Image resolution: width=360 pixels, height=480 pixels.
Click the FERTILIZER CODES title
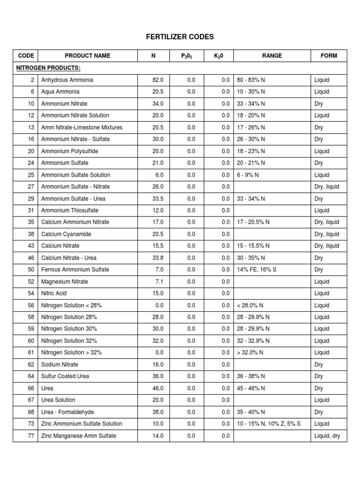coord(180,37)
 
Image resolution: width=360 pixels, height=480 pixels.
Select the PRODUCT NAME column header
coord(88,56)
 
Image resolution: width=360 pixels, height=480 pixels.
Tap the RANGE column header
coord(272,56)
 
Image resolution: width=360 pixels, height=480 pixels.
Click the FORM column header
coord(329,56)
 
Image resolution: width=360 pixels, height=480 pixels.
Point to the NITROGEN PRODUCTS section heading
coord(48,68)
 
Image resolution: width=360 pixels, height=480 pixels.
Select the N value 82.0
coord(158,80)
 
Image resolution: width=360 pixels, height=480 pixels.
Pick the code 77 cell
coord(31,436)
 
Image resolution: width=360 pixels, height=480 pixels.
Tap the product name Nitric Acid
coord(54,293)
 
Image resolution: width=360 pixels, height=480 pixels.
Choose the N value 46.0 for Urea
coord(158,388)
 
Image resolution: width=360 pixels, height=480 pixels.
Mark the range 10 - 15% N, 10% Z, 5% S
coord(269,424)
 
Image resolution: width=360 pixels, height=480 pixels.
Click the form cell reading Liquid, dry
coord(327,436)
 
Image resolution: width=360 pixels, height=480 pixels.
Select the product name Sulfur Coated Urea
coord(65,376)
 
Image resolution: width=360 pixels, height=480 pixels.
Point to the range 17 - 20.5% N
coord(254,222)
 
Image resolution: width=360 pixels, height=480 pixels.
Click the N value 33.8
coord(158,258)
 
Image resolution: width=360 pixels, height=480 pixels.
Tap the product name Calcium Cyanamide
coord(66,234)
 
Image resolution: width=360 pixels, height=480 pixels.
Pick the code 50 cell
coord(31,270)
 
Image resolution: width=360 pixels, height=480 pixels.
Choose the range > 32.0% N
coord(250,352)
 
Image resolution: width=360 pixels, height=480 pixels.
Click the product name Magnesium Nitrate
coord(65,282)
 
